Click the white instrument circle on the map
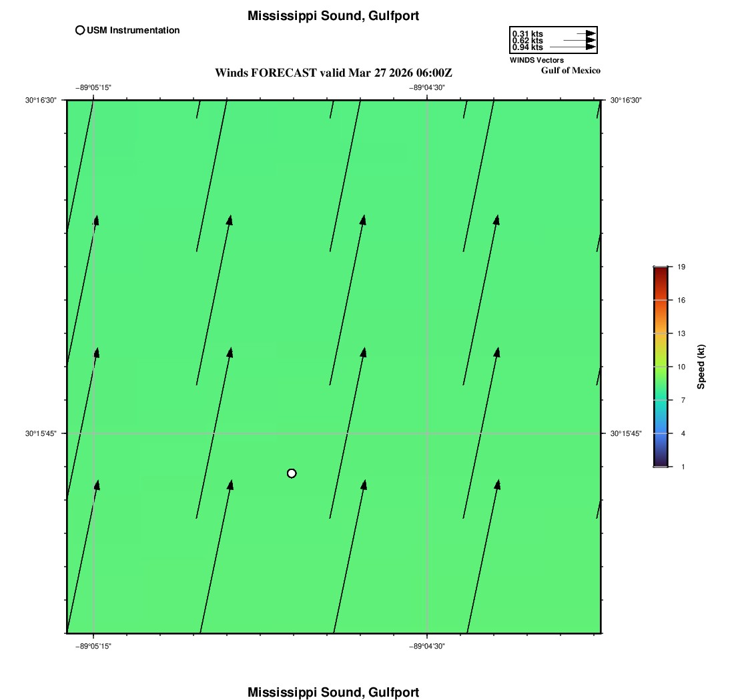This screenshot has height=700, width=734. (x=292, y=473)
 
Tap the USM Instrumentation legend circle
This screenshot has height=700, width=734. (x=80, y=31)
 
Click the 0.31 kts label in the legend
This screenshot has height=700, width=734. (x=528, y=34)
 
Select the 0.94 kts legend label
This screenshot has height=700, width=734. (x=528, y=47)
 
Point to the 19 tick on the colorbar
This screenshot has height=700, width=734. (x=681, y=267)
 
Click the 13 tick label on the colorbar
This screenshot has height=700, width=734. (x=681, y=333)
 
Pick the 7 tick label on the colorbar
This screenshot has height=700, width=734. (x=683, y=400)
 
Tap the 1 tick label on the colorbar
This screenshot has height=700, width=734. (x=683, y=467)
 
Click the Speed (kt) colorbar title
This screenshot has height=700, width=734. (x=701, y=367)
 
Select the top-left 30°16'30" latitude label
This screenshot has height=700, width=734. (x=41, y=100)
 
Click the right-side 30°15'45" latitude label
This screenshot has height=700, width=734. (x=626, y=433)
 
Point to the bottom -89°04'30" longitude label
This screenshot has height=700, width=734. (x=427, y=646)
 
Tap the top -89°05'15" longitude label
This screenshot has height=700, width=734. (x=93, y=87)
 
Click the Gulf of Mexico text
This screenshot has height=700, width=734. (x=571, y=71)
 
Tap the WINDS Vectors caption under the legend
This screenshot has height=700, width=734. (x=536, y=60)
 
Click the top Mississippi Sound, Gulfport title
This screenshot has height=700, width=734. (x=333, y=16)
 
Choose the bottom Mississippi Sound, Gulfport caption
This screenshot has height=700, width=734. (x=333, y=692)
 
